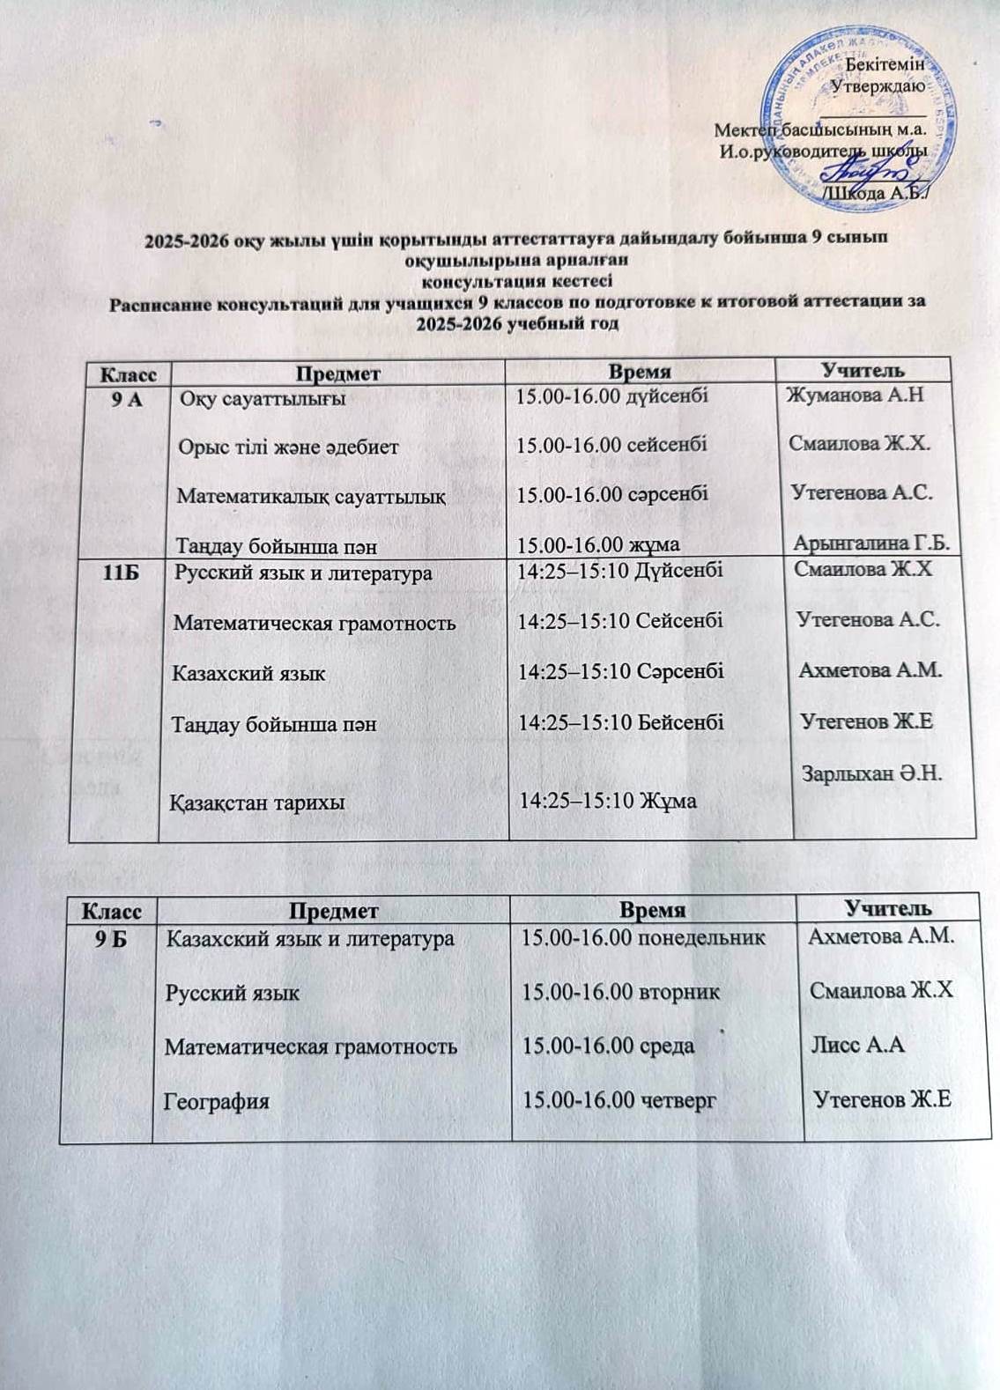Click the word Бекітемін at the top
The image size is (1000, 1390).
click(885, 64)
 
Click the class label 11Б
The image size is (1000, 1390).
click(123, 572)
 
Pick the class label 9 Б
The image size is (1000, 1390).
click(113, 939)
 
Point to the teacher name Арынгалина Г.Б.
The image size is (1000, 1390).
click(871, 543)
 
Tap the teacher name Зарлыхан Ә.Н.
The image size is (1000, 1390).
click(871, 774)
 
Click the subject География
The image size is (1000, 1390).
click(218, 1101)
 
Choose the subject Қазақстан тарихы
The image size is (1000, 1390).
click(257, 802)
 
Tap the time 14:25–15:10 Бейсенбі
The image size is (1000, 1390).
click(620, 722)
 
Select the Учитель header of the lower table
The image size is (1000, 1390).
click(888, 906)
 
